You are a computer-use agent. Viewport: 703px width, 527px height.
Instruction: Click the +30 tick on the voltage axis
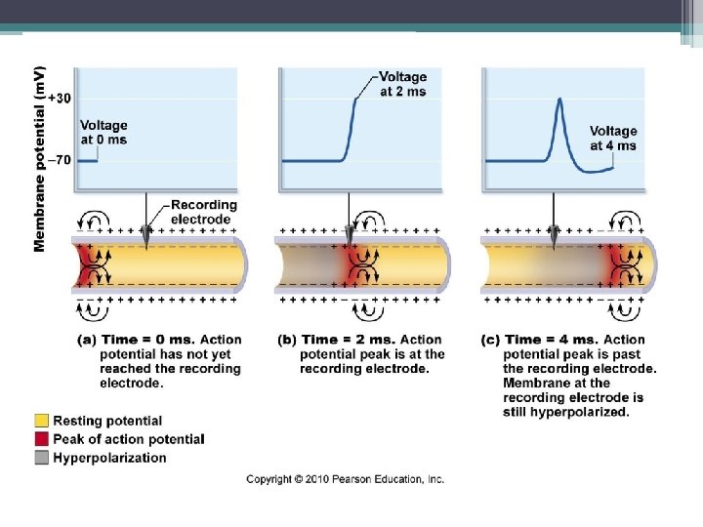click(60, 98)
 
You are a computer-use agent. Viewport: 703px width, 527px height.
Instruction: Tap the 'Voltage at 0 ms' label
click(103, 133)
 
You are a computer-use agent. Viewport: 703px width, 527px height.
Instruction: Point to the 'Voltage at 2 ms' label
click(402, 84)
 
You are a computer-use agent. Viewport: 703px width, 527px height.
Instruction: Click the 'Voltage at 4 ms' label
click(613, 139)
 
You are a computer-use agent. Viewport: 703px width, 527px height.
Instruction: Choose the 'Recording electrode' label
click(203, 212)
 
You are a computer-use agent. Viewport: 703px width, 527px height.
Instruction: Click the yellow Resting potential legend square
click(41, 421)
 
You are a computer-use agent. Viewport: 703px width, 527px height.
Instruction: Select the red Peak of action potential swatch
click(41, 439)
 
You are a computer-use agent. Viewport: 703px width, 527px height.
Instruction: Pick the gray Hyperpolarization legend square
click(41, 458)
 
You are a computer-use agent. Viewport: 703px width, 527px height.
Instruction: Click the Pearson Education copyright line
click(345, 479)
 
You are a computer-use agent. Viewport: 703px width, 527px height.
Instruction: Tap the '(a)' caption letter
click(86, 340)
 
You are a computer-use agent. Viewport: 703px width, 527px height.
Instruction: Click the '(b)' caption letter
click(288, 340)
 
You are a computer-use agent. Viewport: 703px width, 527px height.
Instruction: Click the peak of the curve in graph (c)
click(558, 100)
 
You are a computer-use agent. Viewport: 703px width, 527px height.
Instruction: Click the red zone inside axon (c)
click(617, 264)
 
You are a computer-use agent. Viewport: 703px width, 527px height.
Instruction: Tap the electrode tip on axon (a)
click(146, 240)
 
